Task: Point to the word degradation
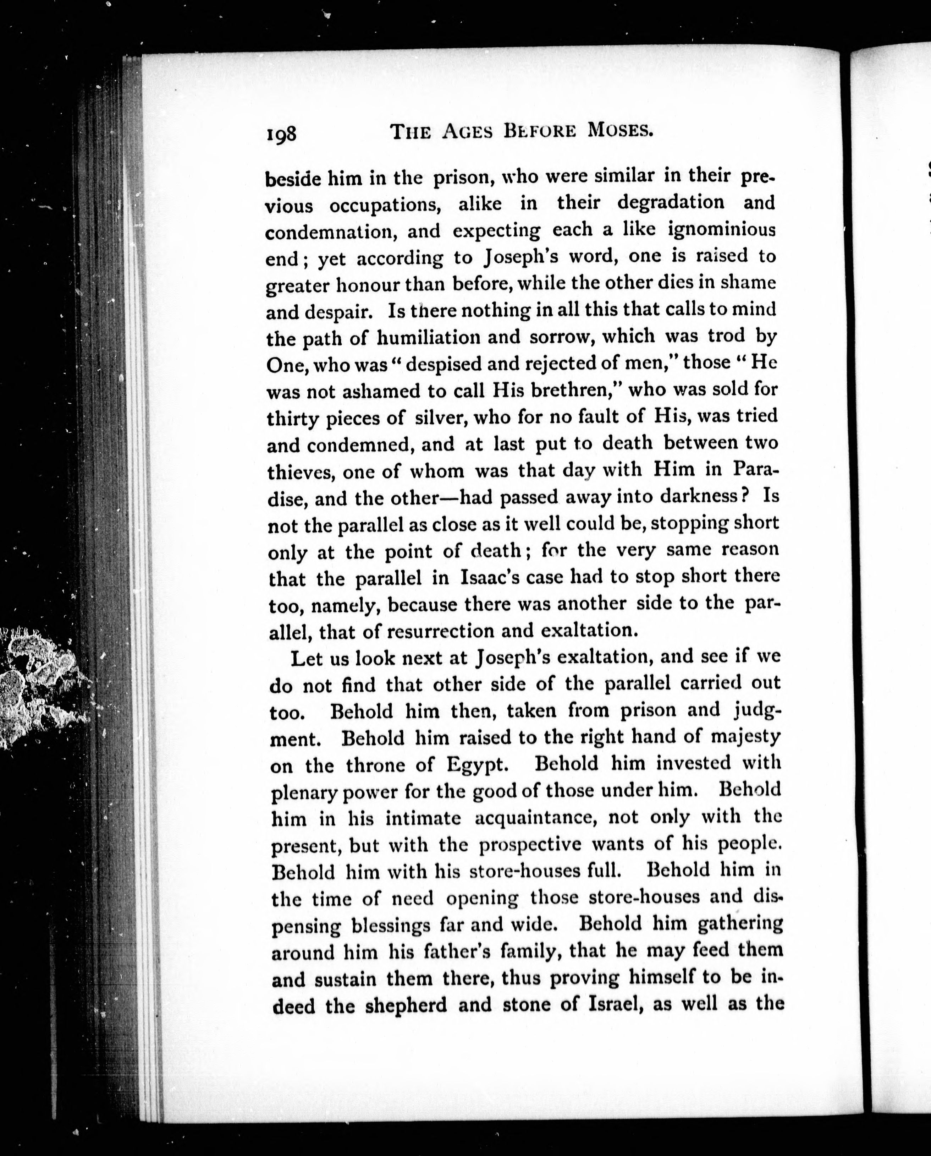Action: coord(670,202)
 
